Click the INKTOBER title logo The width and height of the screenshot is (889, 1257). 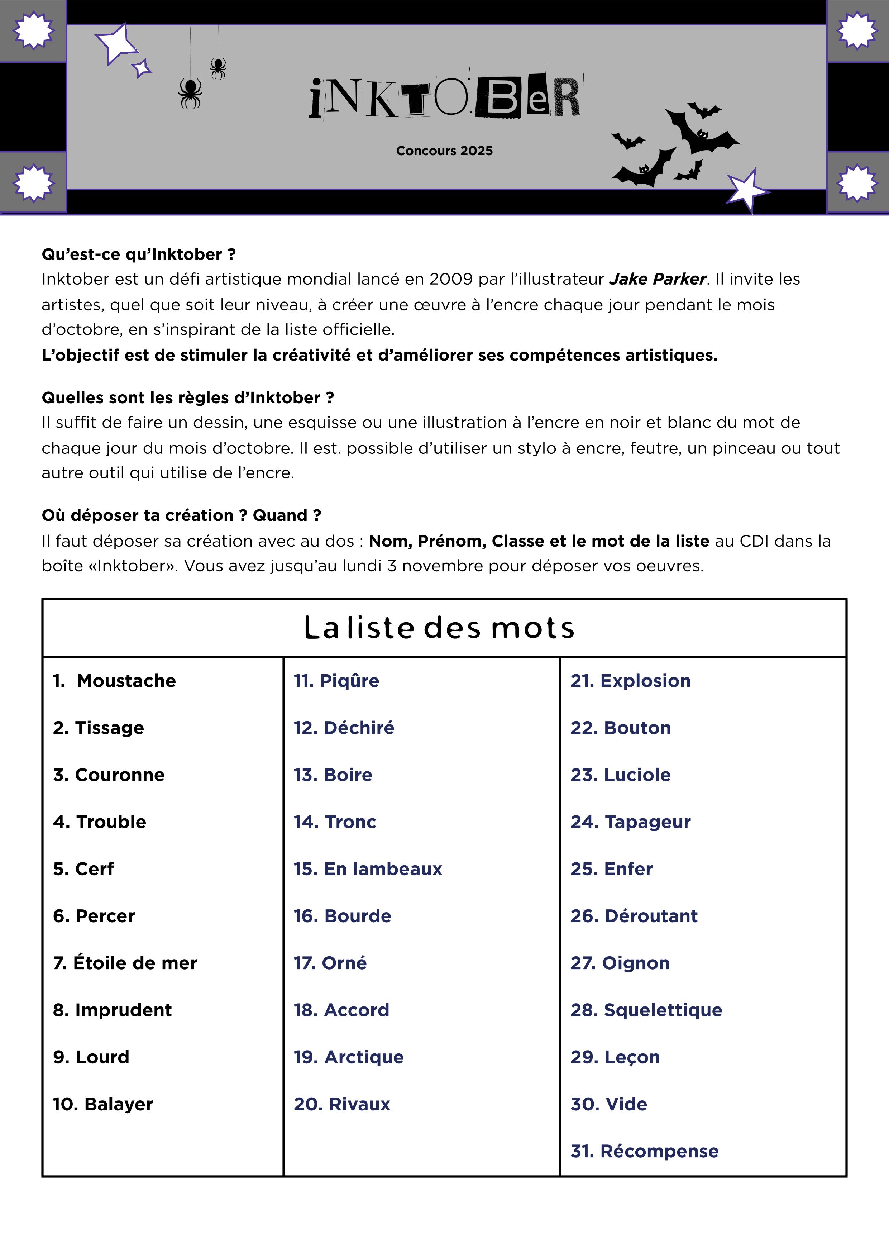coord(444,99)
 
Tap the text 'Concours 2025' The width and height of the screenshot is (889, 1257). coord(444,151)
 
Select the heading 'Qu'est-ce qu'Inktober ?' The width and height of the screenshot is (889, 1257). coord(139,254)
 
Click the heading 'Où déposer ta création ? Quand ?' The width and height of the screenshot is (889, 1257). coord(181,515)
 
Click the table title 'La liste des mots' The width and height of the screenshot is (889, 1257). coord(439,628)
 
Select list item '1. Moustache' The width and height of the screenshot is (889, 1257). coord(114,681)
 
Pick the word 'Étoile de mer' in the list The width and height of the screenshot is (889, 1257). coord(135,963)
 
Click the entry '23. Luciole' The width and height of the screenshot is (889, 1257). coord(620,775)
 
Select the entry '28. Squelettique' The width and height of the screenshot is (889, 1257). coord(646,1010)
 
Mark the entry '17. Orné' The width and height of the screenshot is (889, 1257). coord(330,963)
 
